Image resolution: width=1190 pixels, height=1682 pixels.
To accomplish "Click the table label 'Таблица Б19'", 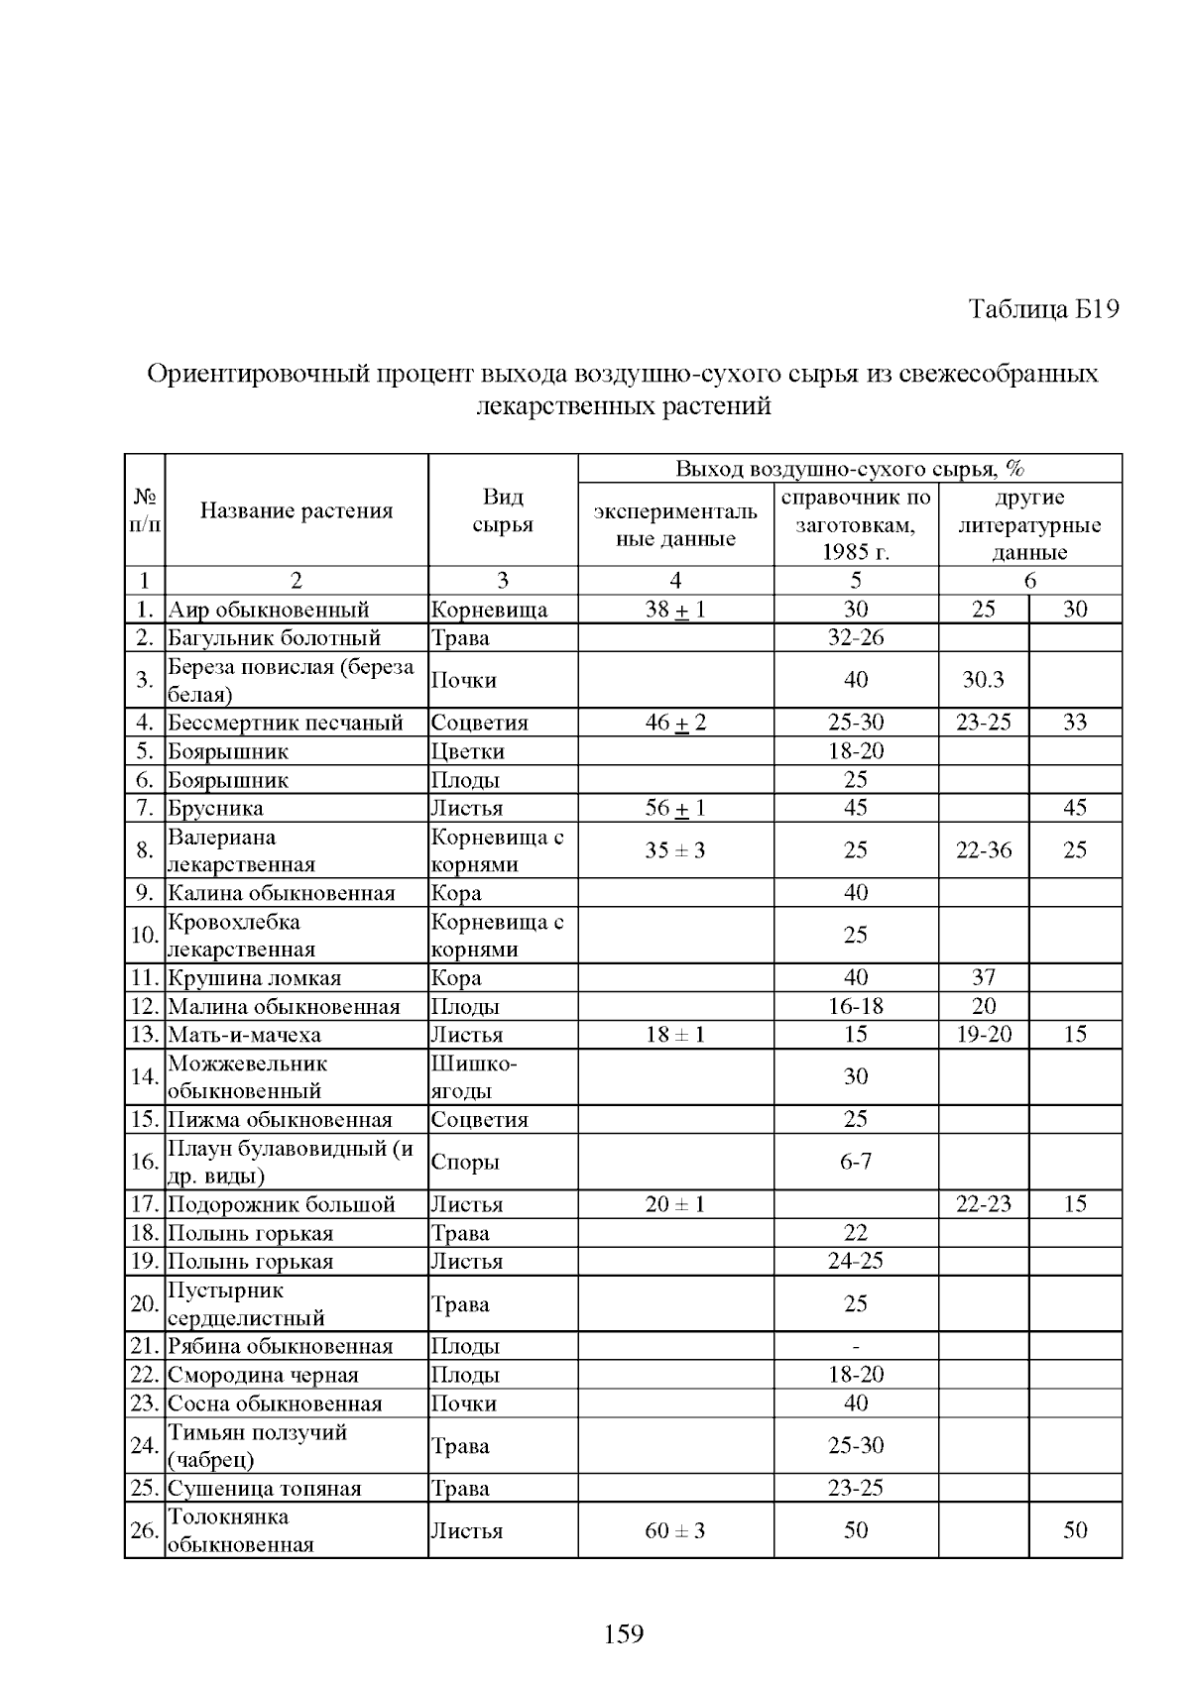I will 1043,309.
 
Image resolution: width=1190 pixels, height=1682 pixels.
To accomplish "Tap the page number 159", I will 624,1633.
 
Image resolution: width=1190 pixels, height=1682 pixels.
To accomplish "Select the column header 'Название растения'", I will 297,511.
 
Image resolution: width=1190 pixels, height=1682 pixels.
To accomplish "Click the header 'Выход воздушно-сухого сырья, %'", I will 850,469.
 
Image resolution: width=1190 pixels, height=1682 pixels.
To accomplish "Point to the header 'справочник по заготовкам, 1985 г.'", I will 856,524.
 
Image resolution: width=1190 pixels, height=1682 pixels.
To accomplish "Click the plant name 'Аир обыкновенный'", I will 269,610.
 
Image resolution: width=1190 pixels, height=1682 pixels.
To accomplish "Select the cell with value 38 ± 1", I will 675,610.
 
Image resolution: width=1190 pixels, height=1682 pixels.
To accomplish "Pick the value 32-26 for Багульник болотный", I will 856,637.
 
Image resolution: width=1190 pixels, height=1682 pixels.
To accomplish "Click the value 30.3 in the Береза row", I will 983,680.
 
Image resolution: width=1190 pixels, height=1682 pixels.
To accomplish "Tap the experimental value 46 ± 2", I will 675,723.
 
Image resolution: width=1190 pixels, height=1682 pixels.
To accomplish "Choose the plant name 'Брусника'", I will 216,808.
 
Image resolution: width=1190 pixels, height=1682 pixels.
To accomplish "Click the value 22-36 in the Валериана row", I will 984,850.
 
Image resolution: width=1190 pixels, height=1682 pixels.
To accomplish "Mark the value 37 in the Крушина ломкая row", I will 984,977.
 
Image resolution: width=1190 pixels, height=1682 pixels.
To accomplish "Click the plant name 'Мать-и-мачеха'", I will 245,1035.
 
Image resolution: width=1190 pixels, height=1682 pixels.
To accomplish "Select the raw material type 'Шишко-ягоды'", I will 475,1077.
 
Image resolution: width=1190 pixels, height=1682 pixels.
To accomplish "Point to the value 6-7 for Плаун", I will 856,1162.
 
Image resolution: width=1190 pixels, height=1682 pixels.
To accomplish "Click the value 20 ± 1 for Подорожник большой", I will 675,1204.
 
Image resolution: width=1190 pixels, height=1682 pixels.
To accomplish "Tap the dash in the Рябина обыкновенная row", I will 856,1347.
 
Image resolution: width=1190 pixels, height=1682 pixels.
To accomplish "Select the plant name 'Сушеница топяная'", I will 265,1489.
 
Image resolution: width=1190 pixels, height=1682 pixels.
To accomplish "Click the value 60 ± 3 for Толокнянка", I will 675,1531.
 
